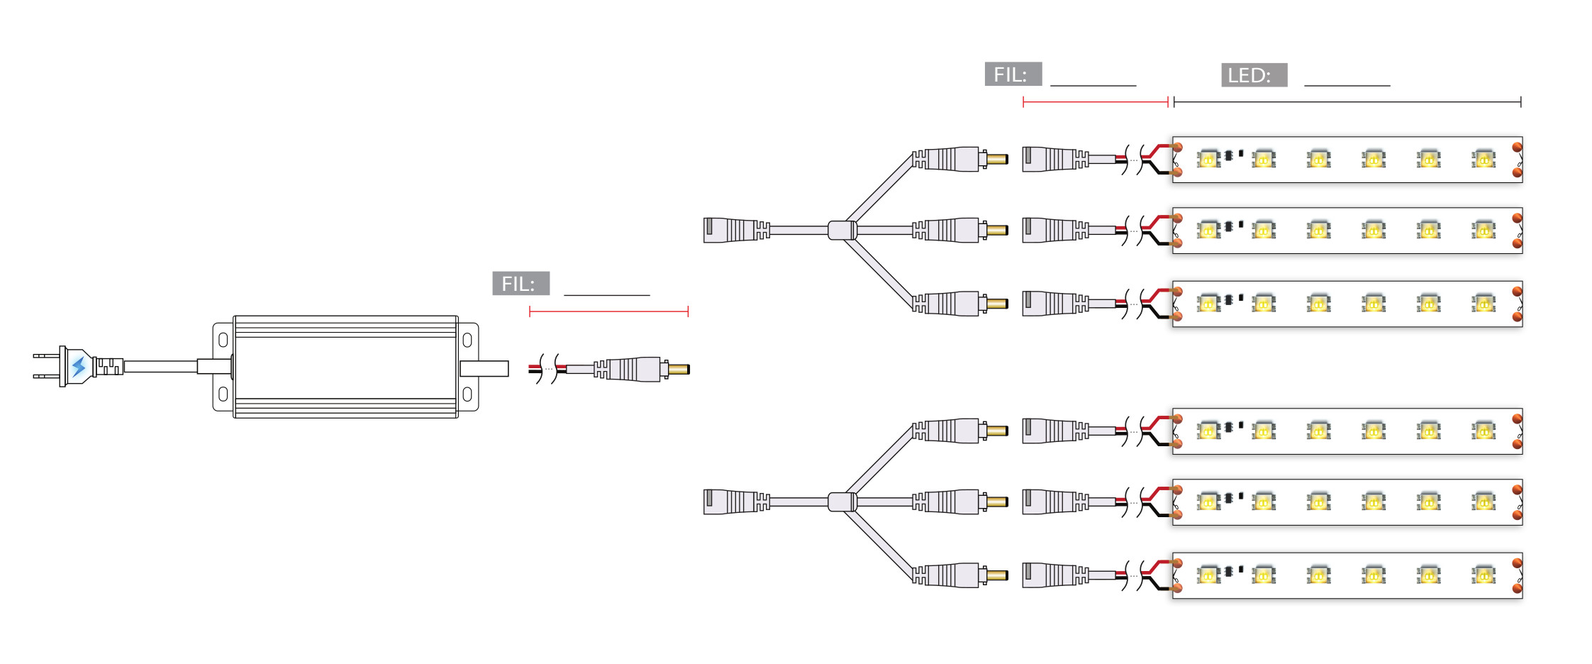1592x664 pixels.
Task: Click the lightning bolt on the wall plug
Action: [x=79, y=367]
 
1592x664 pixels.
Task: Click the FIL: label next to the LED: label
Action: [x=1013, y=74]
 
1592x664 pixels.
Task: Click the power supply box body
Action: [x=345, y=367]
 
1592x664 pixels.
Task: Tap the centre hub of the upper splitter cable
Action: [x=842, y=230]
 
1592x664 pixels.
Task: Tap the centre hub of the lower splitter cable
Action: [x=842, y=502]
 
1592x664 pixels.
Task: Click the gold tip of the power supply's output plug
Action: [x=679, y=369]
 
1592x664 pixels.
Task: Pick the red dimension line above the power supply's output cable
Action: [x=608, y=311]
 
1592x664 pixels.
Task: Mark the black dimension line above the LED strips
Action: [x=1347, y=102]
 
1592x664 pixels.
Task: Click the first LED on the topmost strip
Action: [x=1208, y=160]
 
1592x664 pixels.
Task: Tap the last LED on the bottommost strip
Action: [x=1483, y=575]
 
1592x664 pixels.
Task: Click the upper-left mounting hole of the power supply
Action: [x=223, y=340]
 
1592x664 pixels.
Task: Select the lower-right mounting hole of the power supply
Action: [x=467, y=394]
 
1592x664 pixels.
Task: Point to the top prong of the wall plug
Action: [x=46, y=355]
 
